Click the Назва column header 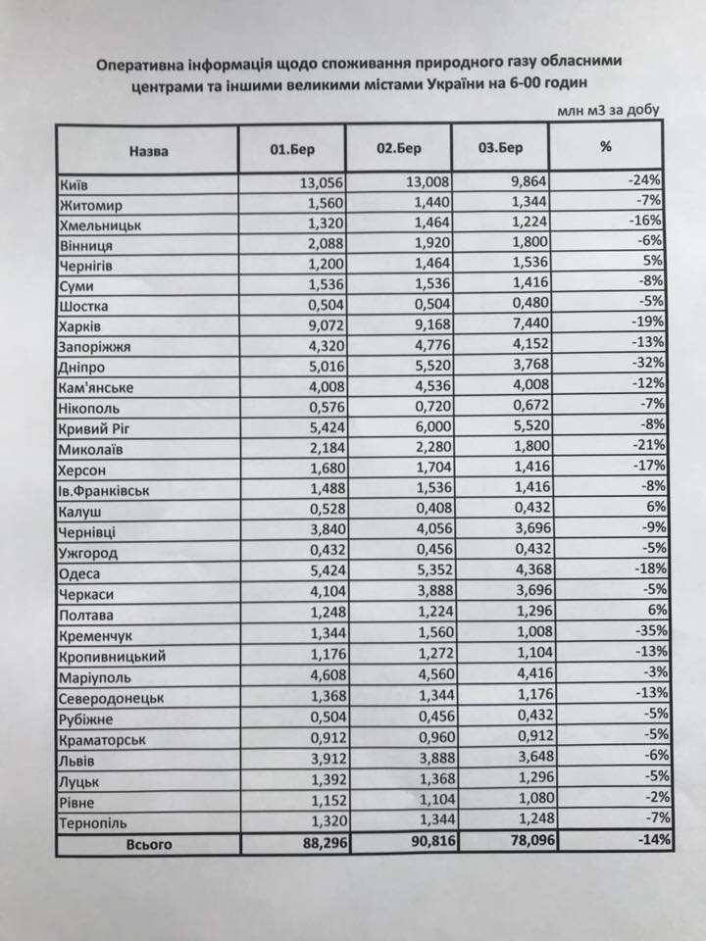[x=147, y=151]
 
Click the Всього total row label [x=148, y=842]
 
